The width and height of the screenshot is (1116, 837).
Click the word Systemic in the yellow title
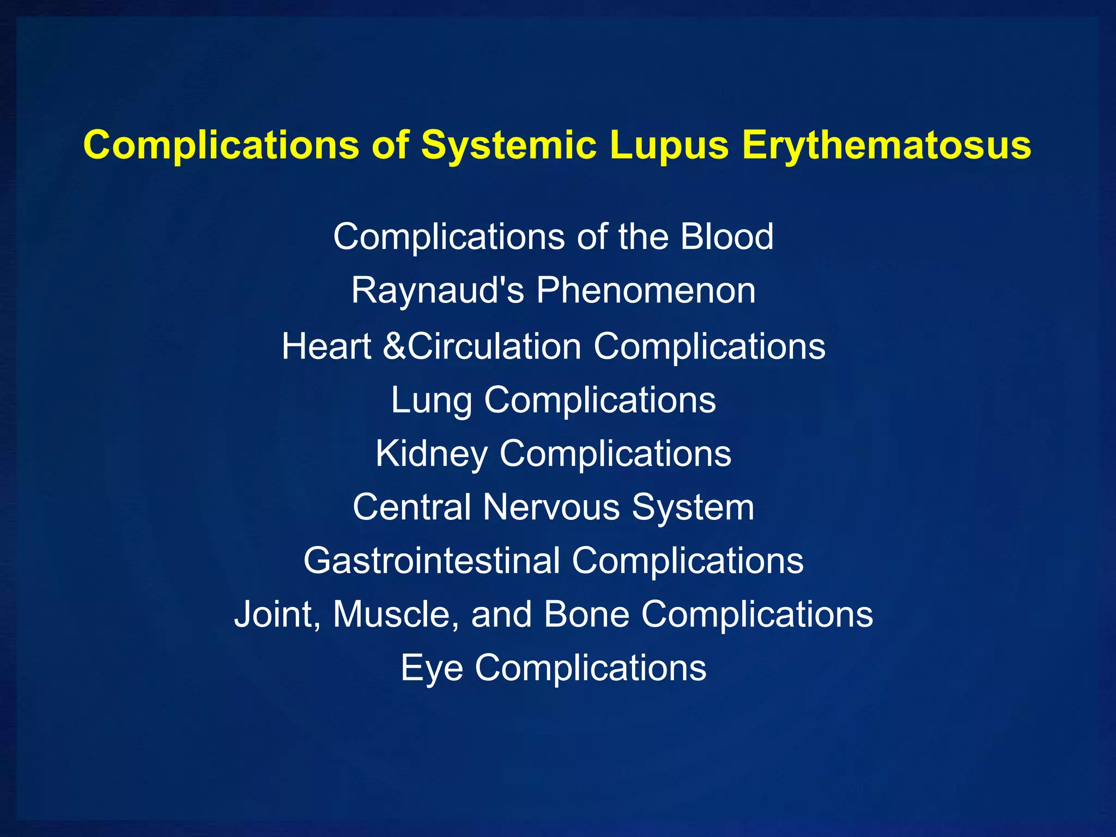(508, 145)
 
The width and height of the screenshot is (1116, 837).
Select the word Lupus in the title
(669, 145)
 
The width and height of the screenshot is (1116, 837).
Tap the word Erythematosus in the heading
(886, 145)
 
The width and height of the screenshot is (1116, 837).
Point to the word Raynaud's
(438, 290)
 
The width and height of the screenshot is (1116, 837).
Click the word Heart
(326, 347)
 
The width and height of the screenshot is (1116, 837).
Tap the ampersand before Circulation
(395, 347)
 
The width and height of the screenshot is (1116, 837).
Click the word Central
(411, 507)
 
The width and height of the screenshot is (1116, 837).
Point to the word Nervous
(551, 507)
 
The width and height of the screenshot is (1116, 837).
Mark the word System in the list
(693, 507)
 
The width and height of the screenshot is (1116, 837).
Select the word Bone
(586, 614)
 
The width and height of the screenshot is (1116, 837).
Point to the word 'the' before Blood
(643, 236)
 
